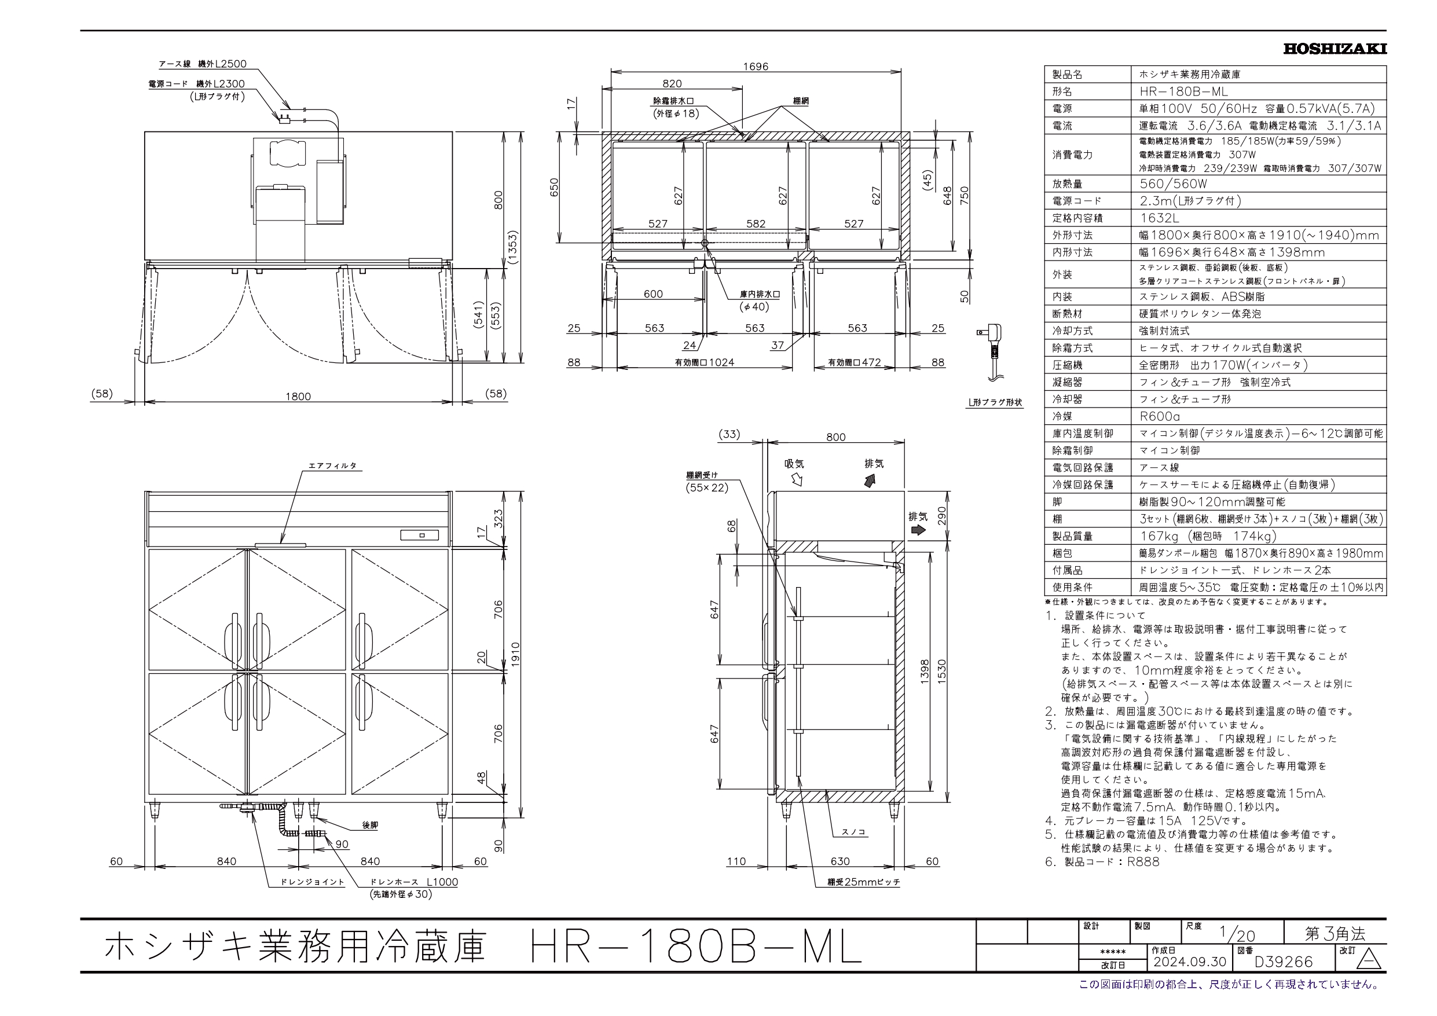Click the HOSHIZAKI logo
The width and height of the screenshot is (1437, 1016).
coord(1335,49)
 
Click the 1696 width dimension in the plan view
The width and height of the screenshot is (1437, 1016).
coord(756,67)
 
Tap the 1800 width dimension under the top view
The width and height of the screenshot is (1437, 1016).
coord(298,396)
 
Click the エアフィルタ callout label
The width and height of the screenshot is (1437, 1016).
coord(332,466)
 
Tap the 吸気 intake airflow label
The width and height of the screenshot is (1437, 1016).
coord(794,464)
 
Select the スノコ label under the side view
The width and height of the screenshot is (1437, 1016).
coord(853,832)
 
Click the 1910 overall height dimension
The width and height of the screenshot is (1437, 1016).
coord(516,655)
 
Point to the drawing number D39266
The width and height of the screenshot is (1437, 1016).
coord(1283,961)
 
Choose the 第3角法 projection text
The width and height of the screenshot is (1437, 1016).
coord(1335,933)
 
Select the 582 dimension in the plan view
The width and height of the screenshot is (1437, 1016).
coord(756,223)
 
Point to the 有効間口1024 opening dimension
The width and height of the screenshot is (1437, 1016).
coord(704,362)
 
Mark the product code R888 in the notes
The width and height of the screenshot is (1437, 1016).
coord(1143,862)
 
